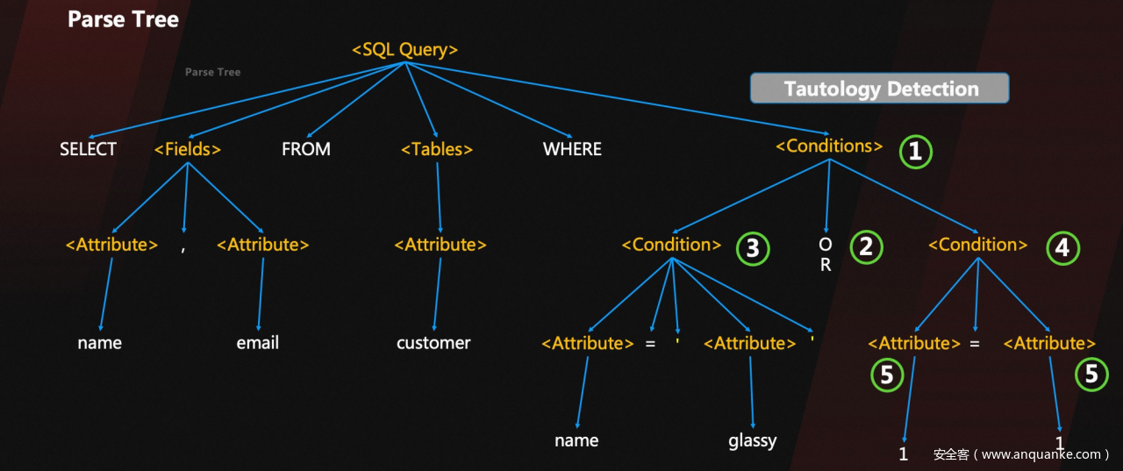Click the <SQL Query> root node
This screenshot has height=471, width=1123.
pyautogui.click(x=404, y=50)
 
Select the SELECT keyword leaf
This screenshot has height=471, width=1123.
pyautogui.click(x=88, y=149)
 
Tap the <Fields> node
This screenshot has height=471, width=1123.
pyautogui.click(x=188, y=149)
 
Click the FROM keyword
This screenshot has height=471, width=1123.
pyautogui.click(x=306, y=149)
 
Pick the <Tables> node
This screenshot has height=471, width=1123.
pyautogui.click(x=437, y=149)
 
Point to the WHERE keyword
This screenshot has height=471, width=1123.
pyautogui.click(x=572, y=149)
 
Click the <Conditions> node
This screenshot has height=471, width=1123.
pyautogui.click(x=829, y=146)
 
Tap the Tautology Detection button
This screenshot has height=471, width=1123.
pyautogui.click(x=880, y=89)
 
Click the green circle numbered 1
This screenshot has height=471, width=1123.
pyautogui.click(x=915, y=152)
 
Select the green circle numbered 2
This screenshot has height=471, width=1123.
pyautogui.click(x=866, y=246)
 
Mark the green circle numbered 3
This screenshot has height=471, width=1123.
pyautogui.click(x=753, y=249)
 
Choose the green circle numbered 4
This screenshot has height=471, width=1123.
pyautogui.click(x=1062, y=248)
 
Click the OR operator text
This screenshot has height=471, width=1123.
pyautogui.click(x=826, y=254)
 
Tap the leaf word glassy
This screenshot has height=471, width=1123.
pyautogui.click(x=752, y=440)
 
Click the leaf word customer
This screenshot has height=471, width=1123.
pyautogui.click(x=433, y=343)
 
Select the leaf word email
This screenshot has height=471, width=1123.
pyautogui.click(x=257, y=343)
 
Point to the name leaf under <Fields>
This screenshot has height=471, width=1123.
pyautogui.click(x=99, y=343)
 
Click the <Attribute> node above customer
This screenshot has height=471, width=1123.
pyautogui.click(x=440, y=245)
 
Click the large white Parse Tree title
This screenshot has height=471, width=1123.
pyautogui.click(x=123, y=19)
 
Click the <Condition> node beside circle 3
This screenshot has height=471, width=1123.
pyautogui.click(x=671, y=245)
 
